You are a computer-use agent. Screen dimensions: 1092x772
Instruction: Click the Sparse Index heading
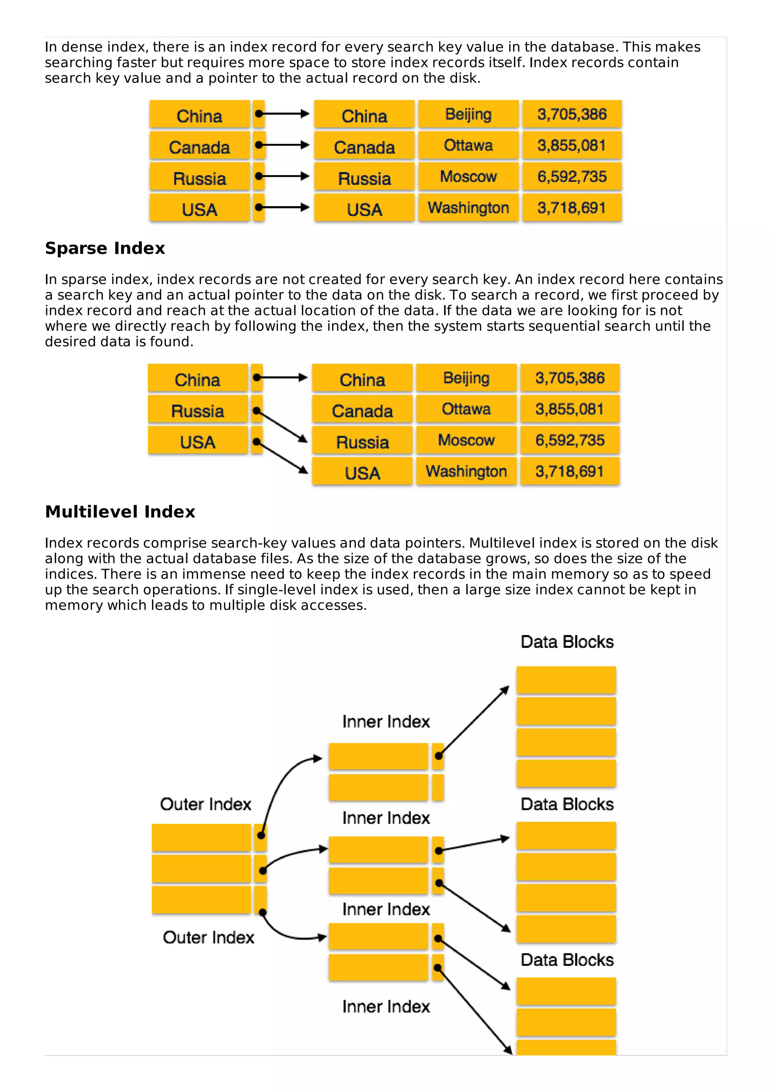(x=105, y=248)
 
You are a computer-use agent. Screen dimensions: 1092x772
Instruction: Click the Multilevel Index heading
(x=120, y=512)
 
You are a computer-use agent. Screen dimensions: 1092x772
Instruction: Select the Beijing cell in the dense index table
(x=468, y=114)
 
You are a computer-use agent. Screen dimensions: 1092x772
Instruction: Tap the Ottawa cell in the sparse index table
(x=466, y=409)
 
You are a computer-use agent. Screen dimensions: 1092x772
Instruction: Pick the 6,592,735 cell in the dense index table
(x=572, y=176)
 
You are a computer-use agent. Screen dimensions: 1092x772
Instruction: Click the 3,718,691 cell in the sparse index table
(x=569, y=471)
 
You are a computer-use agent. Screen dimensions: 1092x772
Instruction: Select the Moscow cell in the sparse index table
(x=466, y=440)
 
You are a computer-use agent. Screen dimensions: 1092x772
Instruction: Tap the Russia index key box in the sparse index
(x=198, y=411)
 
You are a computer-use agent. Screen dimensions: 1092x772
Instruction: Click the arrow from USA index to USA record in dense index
(x=283, y=207)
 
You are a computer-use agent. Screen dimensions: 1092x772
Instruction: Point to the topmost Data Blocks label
(x=567, y=642)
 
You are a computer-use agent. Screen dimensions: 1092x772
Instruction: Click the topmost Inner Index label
(x=386, y=722)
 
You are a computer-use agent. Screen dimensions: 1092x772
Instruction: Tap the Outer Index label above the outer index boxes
(x=205, y=804)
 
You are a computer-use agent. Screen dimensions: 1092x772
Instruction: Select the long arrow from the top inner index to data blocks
(x=474, y=722)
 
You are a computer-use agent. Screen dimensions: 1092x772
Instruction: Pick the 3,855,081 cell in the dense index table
(x=572, y=145)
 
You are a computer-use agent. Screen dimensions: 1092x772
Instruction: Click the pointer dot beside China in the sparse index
(x=257, y=378)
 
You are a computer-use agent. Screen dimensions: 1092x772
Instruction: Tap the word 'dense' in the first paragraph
(x=83, y=47)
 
